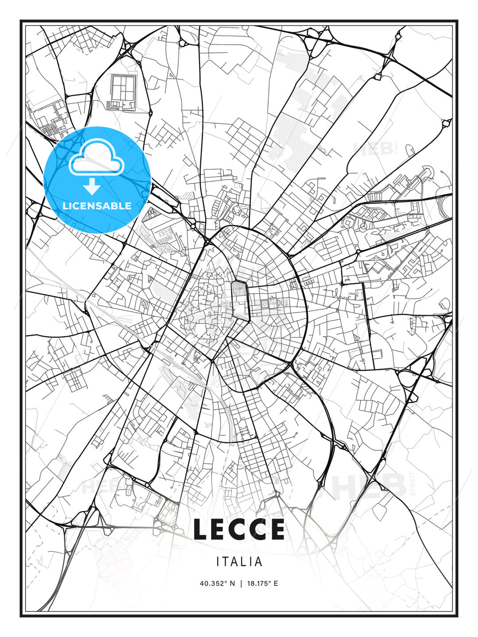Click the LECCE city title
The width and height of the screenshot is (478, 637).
[x=239, y=529]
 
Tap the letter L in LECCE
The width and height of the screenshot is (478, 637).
[x=200, y=529]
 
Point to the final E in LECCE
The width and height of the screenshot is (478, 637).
[x=277, y=529]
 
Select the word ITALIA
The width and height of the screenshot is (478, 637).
[x=239, y=562]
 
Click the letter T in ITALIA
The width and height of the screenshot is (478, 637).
[x=225, y=562]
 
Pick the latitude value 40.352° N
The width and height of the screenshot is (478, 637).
[x=217, y=583]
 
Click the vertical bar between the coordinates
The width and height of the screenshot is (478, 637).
[x=241, y=583]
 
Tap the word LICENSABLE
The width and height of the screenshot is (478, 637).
[x=97, y=206]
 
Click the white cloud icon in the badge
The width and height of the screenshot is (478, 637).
[x=96, y=158]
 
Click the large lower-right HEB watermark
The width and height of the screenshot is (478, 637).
[x=370, y=486]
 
